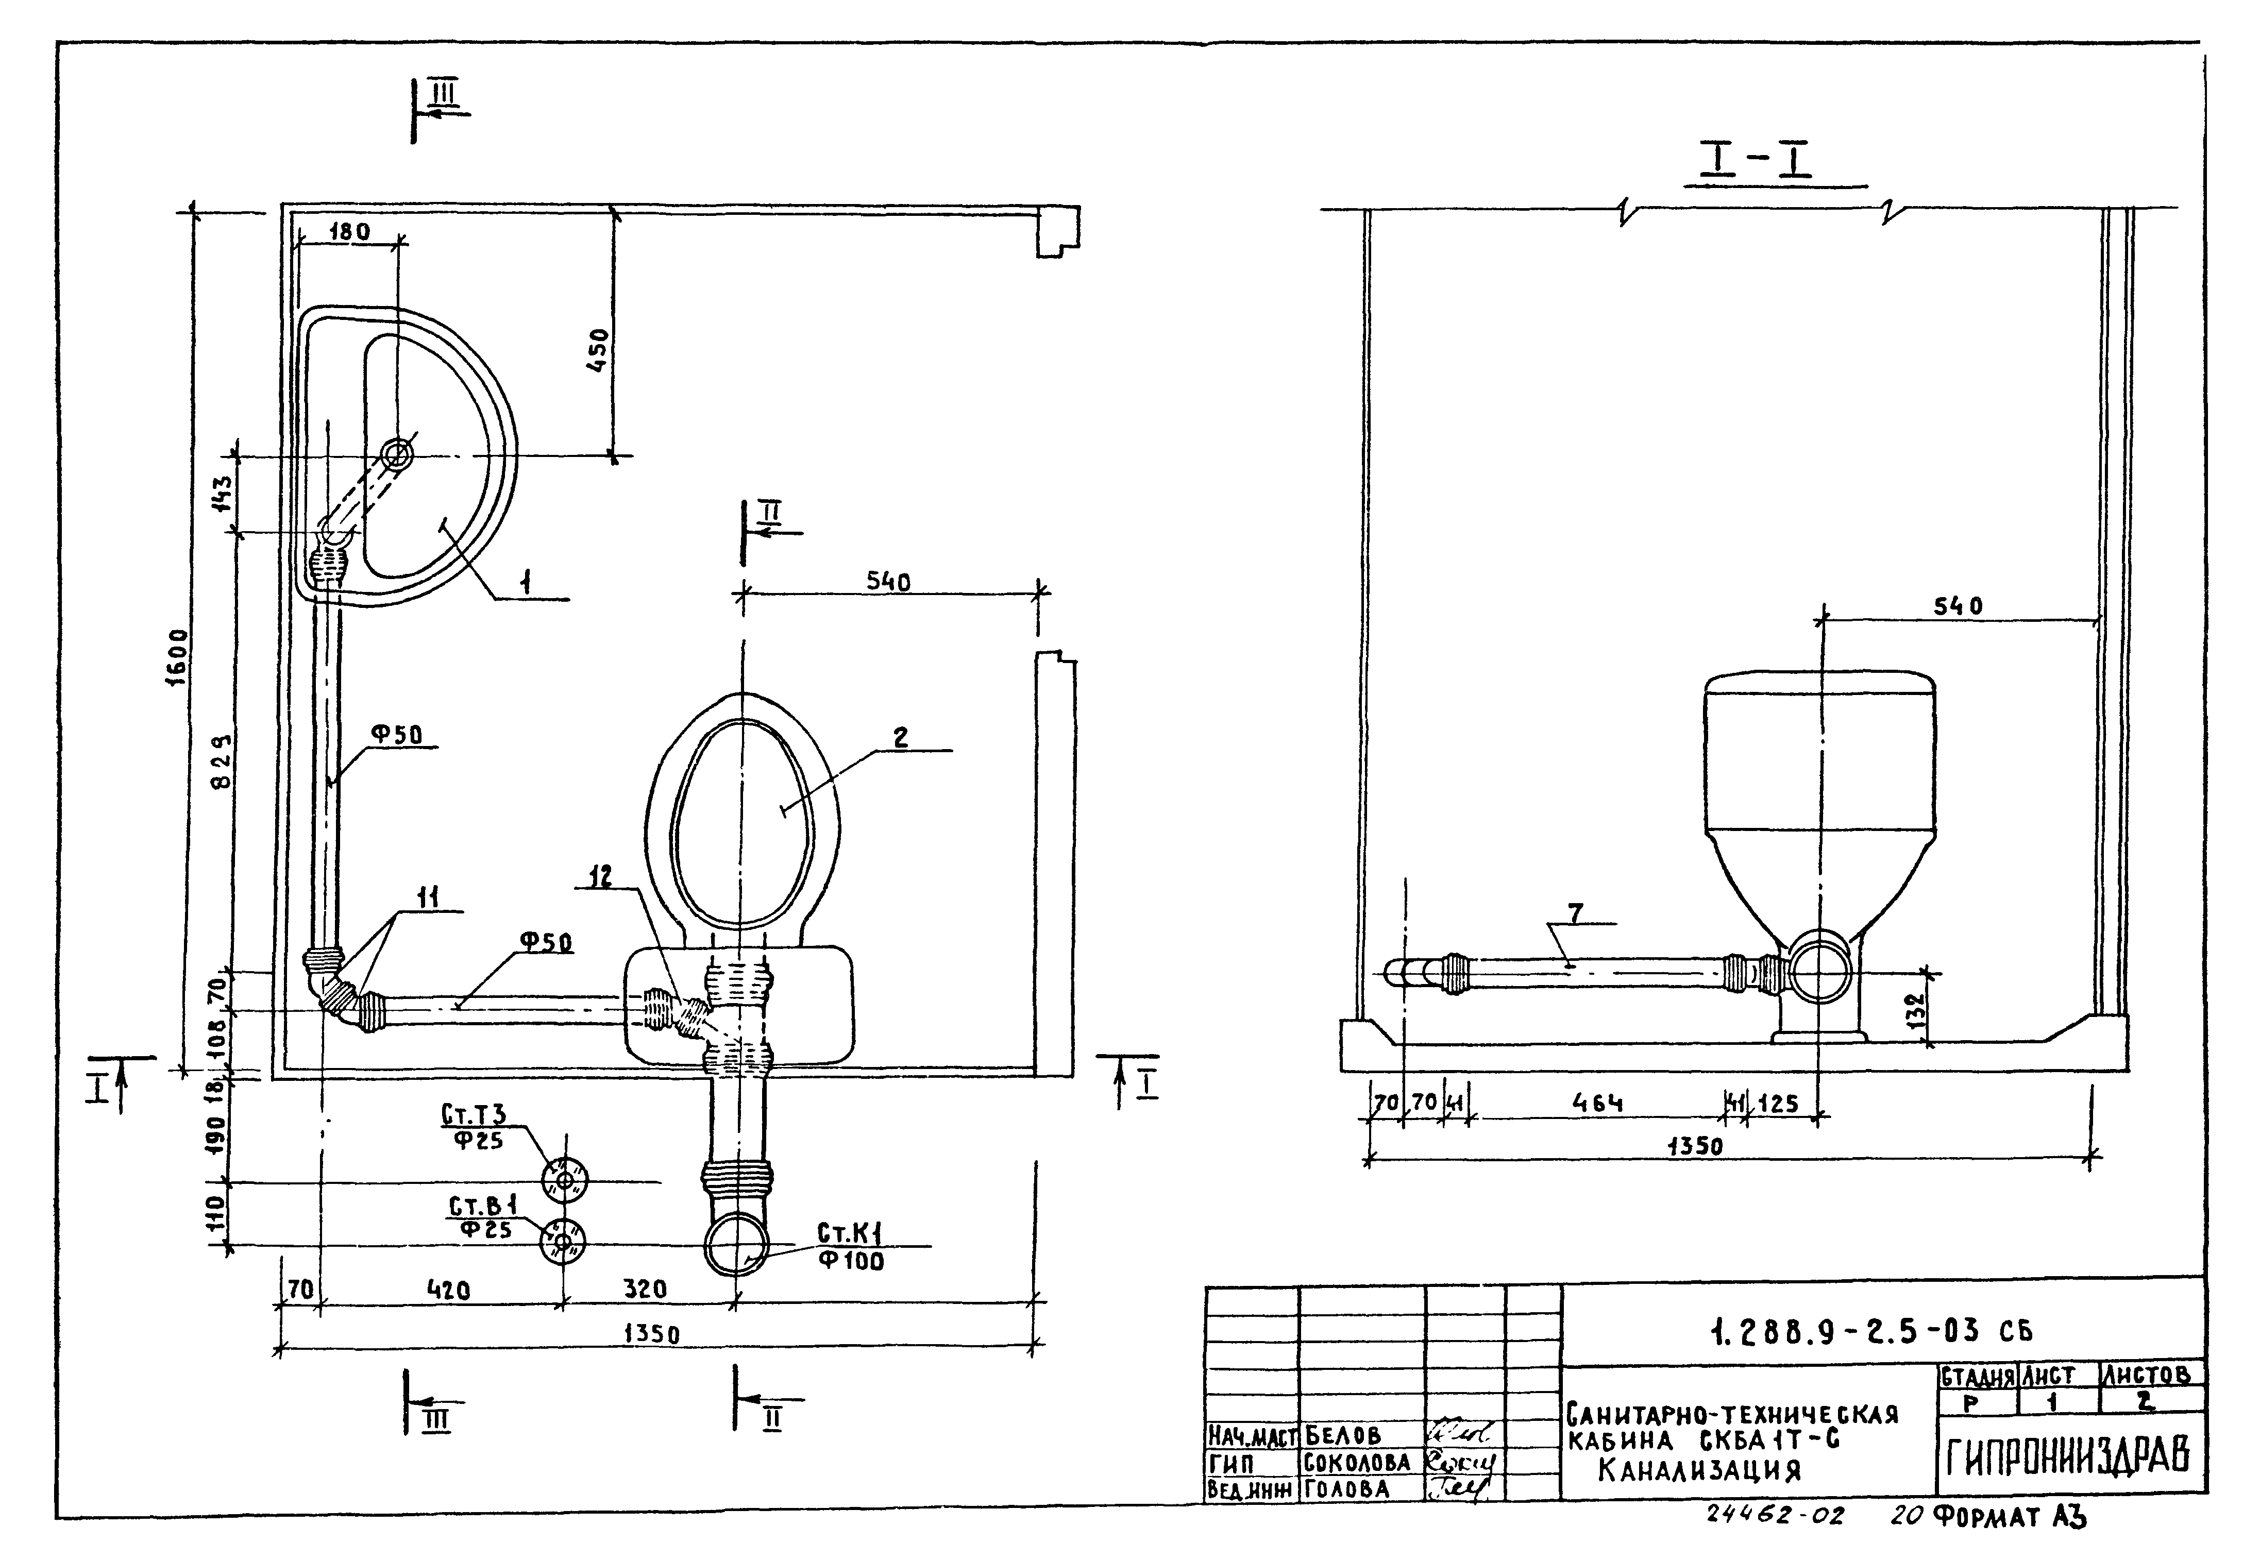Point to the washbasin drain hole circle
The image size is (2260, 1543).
397,454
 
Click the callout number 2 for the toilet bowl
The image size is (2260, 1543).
901,738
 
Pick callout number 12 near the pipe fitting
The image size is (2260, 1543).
600,876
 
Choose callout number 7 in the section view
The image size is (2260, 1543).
1575,913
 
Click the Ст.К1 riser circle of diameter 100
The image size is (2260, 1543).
736,1244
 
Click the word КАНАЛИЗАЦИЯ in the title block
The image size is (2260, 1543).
1699,1469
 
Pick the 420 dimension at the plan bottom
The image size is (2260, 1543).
448,1290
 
